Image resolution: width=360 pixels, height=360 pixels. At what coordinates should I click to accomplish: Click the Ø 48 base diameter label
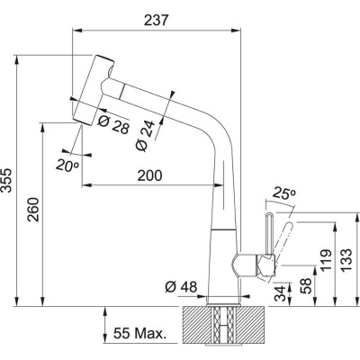coord(182,288)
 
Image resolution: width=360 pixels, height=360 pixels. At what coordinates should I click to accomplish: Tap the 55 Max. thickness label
coord(142,335)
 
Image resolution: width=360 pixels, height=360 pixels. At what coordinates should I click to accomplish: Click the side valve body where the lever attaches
coord(247,265)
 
